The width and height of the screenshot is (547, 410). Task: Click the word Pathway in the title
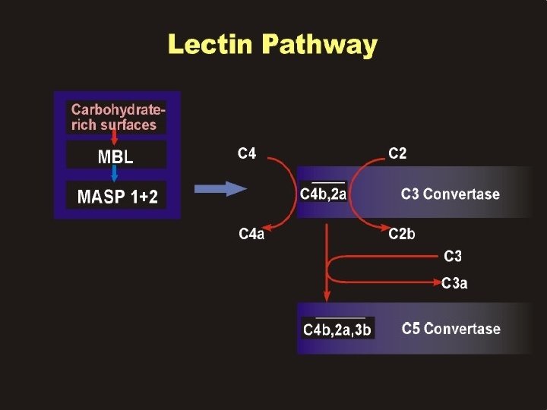click(x=318, y=46)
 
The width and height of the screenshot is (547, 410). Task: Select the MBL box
click(x=115, y=157)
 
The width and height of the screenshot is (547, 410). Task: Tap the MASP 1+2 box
click(x=118, y=197)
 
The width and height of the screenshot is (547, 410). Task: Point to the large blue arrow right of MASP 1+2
click(x=220, y=190)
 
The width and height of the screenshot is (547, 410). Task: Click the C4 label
click(x=247, y=154)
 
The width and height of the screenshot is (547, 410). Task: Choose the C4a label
click(x=251, y=234)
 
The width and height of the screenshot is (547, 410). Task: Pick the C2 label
click(x=397, y=154)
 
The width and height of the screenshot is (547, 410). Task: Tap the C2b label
click(x=402, y=234)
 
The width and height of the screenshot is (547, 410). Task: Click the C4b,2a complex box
click(x=324, y=194)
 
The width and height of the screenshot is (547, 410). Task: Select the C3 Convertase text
click(x=451, y=194)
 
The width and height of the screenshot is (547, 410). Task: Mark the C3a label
click(x=454, y=284)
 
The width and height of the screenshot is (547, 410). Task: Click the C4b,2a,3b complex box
click(x=337, y=329)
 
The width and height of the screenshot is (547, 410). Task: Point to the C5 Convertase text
click(x=451, y=329)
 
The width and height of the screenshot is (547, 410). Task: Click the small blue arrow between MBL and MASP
click(x=115, y=175)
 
